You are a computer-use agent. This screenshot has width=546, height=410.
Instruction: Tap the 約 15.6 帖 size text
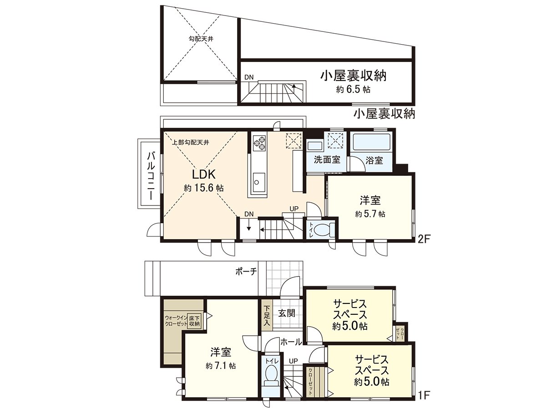click(203, 188)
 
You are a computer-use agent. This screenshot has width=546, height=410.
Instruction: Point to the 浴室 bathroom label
click(374, 160)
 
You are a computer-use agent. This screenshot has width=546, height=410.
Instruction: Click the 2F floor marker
click(424, 237)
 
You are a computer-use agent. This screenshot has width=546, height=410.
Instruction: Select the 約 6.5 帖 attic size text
click(353, 90)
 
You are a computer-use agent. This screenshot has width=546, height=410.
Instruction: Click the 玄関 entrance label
click(288, 313)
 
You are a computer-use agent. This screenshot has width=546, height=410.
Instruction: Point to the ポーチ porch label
click(246, 272)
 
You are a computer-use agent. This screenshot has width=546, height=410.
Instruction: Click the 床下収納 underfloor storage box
click(195, 321)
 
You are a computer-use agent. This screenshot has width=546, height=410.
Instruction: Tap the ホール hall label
click(291, 342)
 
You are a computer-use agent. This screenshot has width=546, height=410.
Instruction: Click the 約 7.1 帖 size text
click(221, 365)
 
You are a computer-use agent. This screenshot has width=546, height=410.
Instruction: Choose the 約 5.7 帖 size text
click(370, 214)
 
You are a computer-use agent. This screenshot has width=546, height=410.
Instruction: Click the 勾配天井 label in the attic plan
click(201, 38)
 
